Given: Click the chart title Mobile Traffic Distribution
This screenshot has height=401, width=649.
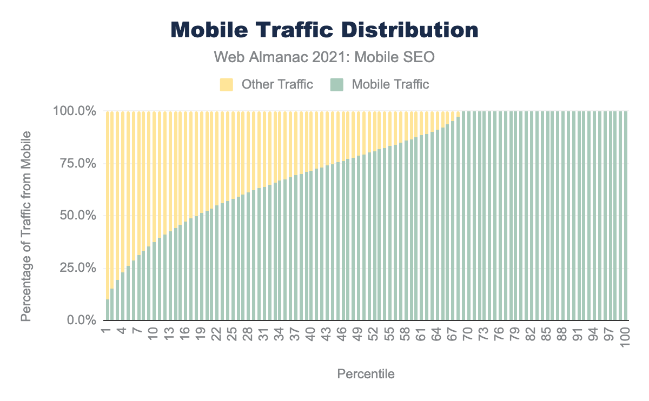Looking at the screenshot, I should click(x=325, y=30).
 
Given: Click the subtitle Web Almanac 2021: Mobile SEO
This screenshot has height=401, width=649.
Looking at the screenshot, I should click(x=325, y=57).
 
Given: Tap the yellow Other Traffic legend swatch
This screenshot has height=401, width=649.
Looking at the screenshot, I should click(x=226, y=84).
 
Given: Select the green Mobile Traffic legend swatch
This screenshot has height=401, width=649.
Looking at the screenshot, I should click(x=336, y=84).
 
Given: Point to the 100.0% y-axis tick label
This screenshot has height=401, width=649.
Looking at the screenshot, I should click(x=74, y=111).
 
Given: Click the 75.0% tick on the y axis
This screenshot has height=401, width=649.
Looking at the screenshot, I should click(x=77, y=164).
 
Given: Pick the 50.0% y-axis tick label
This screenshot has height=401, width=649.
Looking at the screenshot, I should click(x=77, y=216).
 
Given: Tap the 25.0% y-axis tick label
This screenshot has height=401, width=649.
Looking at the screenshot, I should click(x=77, y=269).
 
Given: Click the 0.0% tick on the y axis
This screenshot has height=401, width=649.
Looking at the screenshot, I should click(x=80, y=320).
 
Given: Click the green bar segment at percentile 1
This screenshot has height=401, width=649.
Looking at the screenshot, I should click(x=108, y=310).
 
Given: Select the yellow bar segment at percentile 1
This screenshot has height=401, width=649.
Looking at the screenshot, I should click(x=108, y=205).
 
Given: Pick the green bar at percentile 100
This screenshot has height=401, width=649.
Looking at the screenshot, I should click(x=626, y=216).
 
